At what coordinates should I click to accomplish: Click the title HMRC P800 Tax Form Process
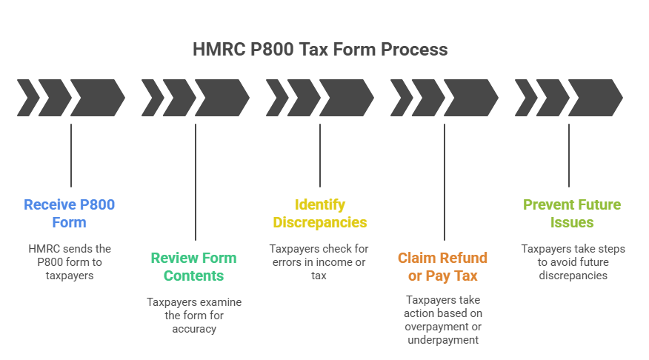click(320, 50)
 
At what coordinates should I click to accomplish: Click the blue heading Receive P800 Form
click(70, 213)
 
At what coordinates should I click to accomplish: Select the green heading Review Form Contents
click(194, 267)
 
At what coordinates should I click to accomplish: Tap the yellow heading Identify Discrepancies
click(320, 213)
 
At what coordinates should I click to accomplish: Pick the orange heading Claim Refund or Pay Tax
click(443, 267)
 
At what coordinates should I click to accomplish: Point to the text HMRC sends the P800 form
click(70, 261)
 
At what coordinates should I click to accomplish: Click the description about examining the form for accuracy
click(194, 315)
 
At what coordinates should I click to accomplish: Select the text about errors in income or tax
click(320, 261)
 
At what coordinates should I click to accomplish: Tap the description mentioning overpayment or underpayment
click(443, 319)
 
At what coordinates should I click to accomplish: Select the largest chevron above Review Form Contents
click(220, 99)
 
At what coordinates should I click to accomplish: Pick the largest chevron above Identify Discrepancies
click(345, 99)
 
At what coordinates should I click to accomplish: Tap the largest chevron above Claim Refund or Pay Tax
click(469, 99)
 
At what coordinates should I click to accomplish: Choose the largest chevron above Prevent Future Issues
click(593, 99)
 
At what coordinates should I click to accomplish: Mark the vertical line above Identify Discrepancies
click(320, 156)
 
